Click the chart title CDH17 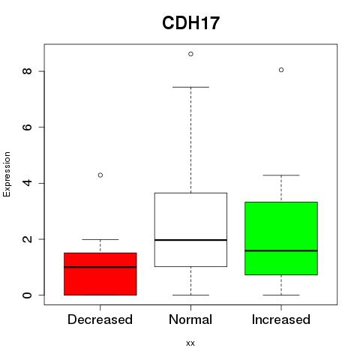(190, 23)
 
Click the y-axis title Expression (7, 174)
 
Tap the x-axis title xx (190, 343)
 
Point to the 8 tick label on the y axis (27, 71)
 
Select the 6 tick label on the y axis (27, 127)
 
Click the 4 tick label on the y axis (27, 183)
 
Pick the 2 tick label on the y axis (27, 239)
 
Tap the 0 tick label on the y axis (27, 295)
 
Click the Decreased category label (100, 319)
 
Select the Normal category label (190, 319)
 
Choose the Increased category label (281, 319)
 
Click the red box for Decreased (100, 274)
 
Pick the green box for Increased (281, 238)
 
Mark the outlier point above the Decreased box (100, 175)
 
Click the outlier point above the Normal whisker (190, 54)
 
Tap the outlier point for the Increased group (281, 70)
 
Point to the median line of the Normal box (190, 240)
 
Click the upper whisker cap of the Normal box (190, 87)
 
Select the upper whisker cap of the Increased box (281, 175)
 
